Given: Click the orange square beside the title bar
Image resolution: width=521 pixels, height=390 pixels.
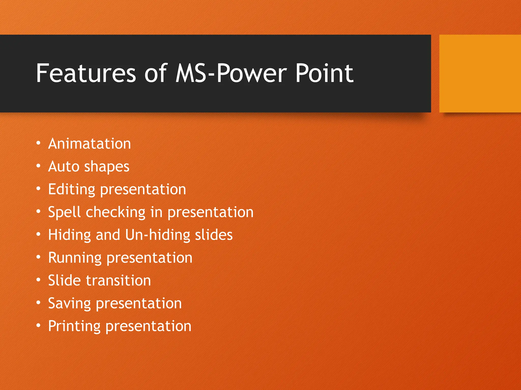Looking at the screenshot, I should coord(480,73).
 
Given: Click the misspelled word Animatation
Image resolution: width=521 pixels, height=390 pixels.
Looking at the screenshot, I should coord(89,144).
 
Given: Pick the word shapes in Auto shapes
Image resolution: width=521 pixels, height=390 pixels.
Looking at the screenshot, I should coord(107,167).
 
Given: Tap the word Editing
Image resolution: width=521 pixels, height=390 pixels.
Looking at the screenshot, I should coord(71,190).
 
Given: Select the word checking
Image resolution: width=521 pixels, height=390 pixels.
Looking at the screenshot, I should coord(115,213).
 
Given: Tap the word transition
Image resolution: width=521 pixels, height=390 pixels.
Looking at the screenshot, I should coord(118,281).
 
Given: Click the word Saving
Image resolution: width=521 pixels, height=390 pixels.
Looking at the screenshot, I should coord(69,304).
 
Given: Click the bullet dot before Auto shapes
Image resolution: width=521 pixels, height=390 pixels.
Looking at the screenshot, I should coord(38,166).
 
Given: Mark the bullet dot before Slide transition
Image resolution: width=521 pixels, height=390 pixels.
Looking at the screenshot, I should coord(38,280).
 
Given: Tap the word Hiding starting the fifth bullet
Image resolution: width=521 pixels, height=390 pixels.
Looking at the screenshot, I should coord(69,235).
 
